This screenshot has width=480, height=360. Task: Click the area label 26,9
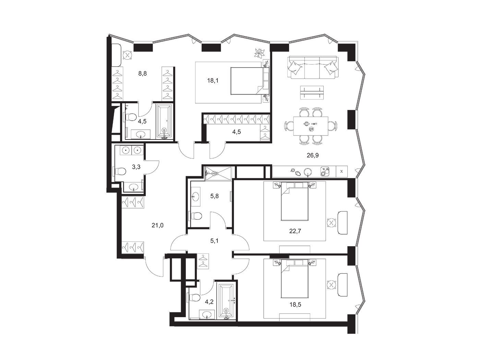pyautogui.click(x=313, y=155)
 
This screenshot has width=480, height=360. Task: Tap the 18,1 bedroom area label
pyautogui.click(x=213, y=81)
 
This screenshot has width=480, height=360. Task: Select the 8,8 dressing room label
pyautogui.click(x=142, y=73)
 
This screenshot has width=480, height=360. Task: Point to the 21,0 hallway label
pyautogui.click(x=157, y=225)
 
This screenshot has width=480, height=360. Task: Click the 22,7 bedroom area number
pyautogui.click(x=295, y=231)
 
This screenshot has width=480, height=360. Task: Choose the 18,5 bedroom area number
pyautogui.click(x=295, y=304)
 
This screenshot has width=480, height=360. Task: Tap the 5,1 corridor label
pyautogui.click(x=214, y=241)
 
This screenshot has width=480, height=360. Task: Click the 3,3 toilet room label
pyautogui.click(x=136, y=167)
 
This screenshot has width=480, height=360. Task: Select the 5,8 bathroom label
pyautogui.click(x=214, y=196)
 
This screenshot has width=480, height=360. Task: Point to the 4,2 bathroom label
pyautogui.click(x=209, y=302)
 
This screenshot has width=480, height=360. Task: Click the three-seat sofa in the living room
pyautogui.click(x=313, y=67)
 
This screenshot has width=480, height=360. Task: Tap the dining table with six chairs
pyautogui.click(x=311, y=127)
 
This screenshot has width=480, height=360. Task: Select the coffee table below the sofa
pyautogui.click(x=312, y=93)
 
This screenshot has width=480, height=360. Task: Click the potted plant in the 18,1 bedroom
pyautogui.click(x=260, y=53)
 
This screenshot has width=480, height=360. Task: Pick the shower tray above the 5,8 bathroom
pyautogui.click(x=218, y=173)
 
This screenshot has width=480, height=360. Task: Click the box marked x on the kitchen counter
pyautogui.click(x=341, y=171)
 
